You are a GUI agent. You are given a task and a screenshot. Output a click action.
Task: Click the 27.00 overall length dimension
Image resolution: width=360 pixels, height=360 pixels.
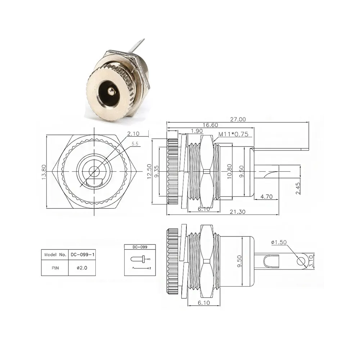tap(238, 119)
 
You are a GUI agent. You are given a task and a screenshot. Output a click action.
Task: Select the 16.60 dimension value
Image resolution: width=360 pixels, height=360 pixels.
tap(210, 125)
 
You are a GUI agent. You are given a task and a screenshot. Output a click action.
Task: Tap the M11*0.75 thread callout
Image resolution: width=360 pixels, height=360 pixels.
tap(233, 134)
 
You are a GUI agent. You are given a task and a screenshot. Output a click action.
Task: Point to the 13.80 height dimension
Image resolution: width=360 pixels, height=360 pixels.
tap(44, 172)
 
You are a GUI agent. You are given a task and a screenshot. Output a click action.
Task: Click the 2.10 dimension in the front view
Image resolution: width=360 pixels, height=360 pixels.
tap(133, 134)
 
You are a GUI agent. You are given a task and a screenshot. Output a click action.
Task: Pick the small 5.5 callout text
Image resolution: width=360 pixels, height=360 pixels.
tap(135, 144)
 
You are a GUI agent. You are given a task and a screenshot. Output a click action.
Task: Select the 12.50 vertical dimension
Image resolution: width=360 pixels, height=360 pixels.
tap(149, 171)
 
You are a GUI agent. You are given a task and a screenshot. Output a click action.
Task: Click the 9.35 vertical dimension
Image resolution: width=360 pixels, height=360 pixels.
tap(157, 172)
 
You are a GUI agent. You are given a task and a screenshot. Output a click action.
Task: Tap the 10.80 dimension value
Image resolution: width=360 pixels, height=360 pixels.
tap(229, 171)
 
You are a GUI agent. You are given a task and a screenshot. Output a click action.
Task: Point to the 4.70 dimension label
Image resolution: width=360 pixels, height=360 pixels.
tap(266, 197)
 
